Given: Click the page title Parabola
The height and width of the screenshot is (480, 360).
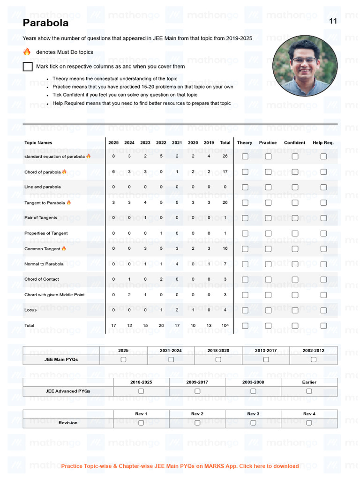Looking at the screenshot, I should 45,23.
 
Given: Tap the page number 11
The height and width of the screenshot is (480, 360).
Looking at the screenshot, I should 333,21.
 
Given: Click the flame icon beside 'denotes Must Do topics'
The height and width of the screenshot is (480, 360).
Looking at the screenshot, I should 27,52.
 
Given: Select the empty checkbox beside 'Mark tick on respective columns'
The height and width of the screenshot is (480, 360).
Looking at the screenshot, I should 28,67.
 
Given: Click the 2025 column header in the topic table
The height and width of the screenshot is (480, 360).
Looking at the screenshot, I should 113,142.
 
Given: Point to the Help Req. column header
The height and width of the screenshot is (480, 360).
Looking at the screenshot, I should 323,142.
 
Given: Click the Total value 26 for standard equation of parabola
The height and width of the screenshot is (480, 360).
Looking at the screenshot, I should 225,156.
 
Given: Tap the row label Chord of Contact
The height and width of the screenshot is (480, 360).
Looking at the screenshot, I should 42,279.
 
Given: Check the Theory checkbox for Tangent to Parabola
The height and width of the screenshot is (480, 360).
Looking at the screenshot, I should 245,202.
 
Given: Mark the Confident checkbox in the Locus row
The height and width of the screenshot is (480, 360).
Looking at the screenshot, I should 295,310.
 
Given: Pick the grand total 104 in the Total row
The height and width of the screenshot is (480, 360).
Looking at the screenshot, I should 225,325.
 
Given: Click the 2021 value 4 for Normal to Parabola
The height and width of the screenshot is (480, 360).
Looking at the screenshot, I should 177,264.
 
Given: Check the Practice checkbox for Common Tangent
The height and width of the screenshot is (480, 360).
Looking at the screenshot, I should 268,248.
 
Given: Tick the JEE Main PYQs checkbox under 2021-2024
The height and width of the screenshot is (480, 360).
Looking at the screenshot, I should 171,360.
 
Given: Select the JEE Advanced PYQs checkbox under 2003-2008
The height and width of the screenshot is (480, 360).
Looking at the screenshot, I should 253,391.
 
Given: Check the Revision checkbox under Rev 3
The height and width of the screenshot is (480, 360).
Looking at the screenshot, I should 253,423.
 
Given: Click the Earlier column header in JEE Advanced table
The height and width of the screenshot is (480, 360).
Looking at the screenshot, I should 309,382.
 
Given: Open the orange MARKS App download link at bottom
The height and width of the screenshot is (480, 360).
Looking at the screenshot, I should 180,466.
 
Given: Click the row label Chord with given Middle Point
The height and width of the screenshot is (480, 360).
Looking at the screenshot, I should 54,295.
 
